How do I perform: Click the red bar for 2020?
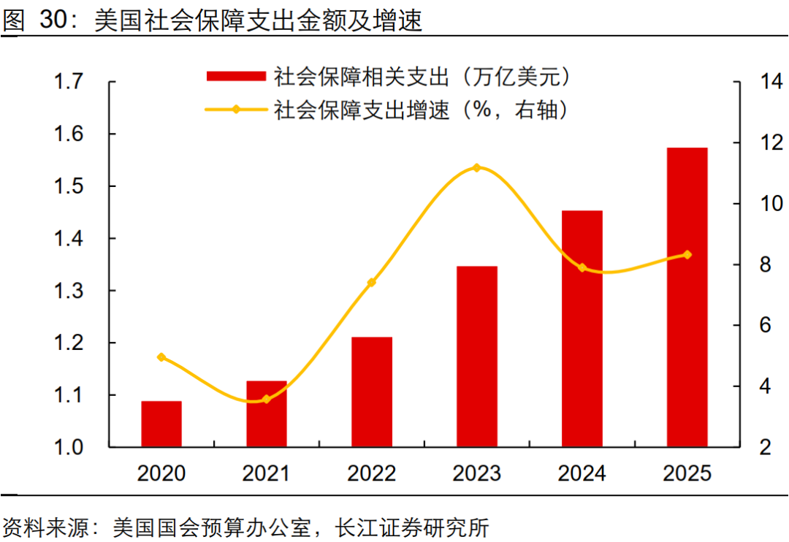point(161,424)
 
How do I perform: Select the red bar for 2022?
point(372,392)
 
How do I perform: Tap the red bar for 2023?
point(477,356)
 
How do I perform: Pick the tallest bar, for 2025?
point(687,297)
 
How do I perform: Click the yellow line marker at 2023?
point(477,167)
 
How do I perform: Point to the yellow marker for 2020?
point(161,357)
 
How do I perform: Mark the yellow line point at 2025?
point(687,255)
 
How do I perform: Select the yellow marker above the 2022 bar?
point(372,283)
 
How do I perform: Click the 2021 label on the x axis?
point(266,473)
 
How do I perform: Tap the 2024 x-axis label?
point(582,473)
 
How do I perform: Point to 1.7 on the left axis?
point(69,82)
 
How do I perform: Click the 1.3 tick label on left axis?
point(69,291)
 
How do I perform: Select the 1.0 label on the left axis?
point(69,447)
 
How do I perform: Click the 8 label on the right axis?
point(766,264)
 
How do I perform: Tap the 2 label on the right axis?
point(766,447)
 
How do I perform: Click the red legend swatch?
point(236,76)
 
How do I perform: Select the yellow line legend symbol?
point(236,110)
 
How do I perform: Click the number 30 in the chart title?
point(53,20)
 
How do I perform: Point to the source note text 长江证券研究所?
point(412,528)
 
